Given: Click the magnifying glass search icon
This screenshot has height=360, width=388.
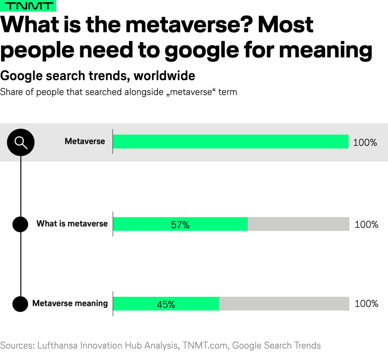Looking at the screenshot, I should [x=21, y=142].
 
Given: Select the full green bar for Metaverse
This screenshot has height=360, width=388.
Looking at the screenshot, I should [x=230, y=141].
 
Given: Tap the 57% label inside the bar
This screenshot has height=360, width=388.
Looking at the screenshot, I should [x=180, y=225].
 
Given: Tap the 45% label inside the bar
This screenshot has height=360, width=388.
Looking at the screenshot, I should [x=166, y=304].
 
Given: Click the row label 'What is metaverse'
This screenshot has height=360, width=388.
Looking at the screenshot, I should [x=72, y=224].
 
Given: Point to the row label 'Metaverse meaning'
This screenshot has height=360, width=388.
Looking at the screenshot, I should [x=70, y=304].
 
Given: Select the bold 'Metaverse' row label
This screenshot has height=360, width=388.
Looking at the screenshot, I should [x=84, y=141].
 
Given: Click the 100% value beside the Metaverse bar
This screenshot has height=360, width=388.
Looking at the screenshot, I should [x=365, y=143].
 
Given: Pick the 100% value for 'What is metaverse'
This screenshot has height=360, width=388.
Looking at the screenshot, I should [x=366, y=224].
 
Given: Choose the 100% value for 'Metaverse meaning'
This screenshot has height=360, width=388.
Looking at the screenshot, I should [x=366, y=304].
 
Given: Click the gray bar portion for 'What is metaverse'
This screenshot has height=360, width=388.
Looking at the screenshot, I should [x=298, y=224].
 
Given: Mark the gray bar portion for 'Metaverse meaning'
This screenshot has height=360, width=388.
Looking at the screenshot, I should [x=284, y=304].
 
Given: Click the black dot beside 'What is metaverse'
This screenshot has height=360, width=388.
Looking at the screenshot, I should [x=20, y=224].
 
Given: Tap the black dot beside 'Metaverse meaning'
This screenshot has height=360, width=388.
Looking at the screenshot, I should [x=20, y=304].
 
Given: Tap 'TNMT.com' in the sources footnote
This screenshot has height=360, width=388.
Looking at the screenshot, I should [x=206, y=345].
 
